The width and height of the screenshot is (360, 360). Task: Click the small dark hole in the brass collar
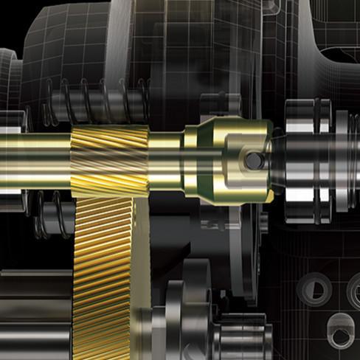pos(253,159)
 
